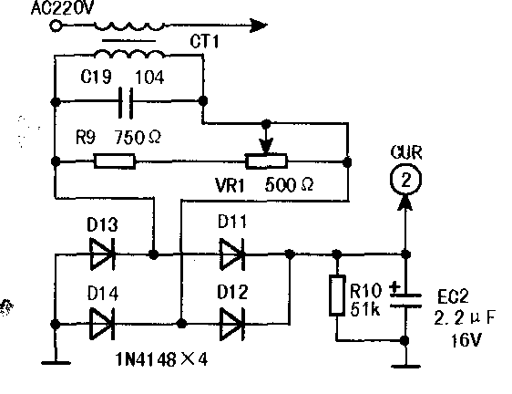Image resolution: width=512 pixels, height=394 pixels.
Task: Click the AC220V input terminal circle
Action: click(x=56, y=26)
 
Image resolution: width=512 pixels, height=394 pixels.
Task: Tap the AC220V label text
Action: click(x=62, y=8)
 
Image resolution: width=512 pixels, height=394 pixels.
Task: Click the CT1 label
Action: click(x=204, y=42)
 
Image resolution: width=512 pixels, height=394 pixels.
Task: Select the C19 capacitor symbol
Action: click(x=126, y=102)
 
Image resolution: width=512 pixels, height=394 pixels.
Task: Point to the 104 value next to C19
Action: click(x=149, y=78)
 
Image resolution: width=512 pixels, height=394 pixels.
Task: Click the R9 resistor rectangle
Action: click(x=115, y=161)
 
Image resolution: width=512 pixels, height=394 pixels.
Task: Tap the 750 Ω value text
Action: click(x=138, y=137)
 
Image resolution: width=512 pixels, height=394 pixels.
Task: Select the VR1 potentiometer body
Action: click(x=266, y=161)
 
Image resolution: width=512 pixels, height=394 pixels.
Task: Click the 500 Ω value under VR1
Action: click(x=289, y=185)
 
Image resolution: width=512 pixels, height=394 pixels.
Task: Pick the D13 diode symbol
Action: click(x=102, y=254)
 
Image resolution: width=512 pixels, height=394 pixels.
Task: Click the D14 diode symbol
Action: click(x=102, y=324)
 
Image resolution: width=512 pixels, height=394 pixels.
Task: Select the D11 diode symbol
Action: click(x=232, y=254)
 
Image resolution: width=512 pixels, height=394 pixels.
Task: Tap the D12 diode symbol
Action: click(x=232, y=324)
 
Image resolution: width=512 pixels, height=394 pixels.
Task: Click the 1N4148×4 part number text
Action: click(x=161, y=359)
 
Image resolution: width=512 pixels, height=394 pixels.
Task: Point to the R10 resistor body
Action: click(x=337, y=295)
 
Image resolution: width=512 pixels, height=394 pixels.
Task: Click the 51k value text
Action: click(x=365, y=308)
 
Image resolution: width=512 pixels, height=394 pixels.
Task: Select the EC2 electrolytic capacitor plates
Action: click(x=405, y=300)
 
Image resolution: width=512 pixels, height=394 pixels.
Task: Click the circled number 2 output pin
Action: click(x=405, y=180)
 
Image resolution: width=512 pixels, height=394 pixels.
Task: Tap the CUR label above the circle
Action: click(x=406, y=152)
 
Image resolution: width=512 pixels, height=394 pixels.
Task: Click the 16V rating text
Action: click(x=466, y=340)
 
